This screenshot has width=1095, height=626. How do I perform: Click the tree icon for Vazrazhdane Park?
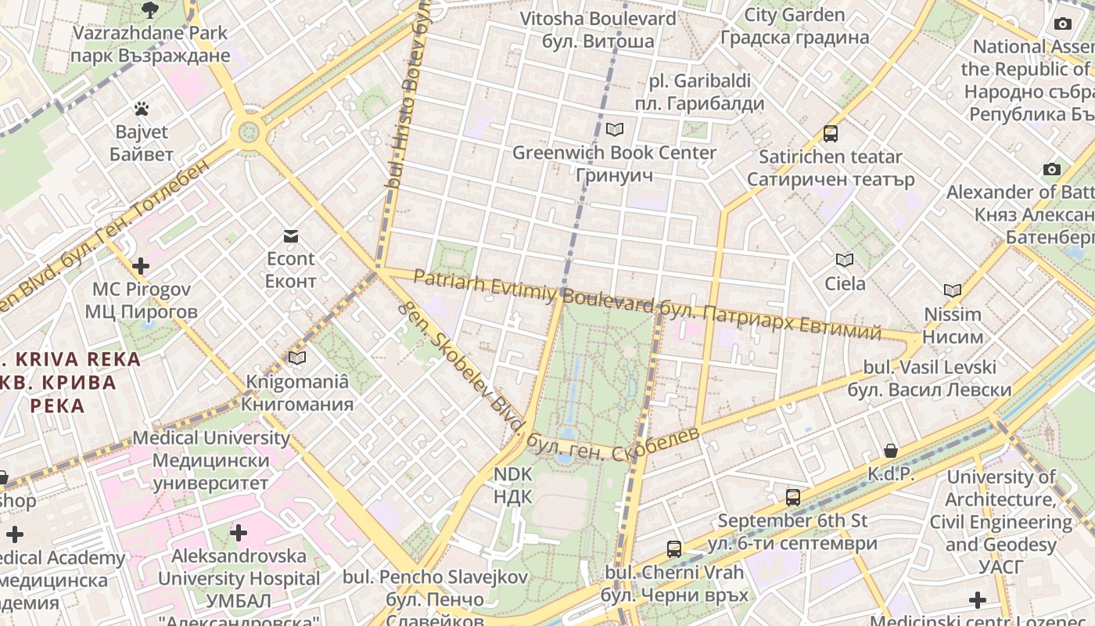(x=149, y=10)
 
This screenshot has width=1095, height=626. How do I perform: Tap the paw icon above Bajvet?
(x=142, y=109)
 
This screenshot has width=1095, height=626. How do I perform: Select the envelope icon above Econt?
(x=291, y=236)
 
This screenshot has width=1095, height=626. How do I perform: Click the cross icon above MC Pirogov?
(x=141, y=266)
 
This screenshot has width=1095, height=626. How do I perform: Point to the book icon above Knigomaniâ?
(x=297, y=358)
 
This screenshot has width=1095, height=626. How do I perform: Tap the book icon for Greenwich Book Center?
(x=615, y=129)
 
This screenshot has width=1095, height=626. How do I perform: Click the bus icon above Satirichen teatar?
(x=831, y=134)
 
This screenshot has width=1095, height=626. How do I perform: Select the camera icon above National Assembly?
(x=1062, y=23)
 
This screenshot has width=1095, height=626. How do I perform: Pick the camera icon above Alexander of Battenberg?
(x=1052, y=169)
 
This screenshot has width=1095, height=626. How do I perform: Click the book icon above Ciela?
(x=845, y=260)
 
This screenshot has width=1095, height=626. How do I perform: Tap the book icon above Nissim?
(x=952, y=290)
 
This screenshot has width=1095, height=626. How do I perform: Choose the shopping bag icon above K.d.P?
(x=890, y=451)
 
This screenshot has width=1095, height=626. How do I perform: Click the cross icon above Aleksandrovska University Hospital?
(x=239, y=533)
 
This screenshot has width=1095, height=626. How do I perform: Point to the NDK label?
(x=513, y=485)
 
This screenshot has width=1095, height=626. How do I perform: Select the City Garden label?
(x=794, y=26)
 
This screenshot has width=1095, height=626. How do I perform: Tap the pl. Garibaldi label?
(x=699, y=92)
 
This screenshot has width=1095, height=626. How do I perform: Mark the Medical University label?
(x=210, y=460)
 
